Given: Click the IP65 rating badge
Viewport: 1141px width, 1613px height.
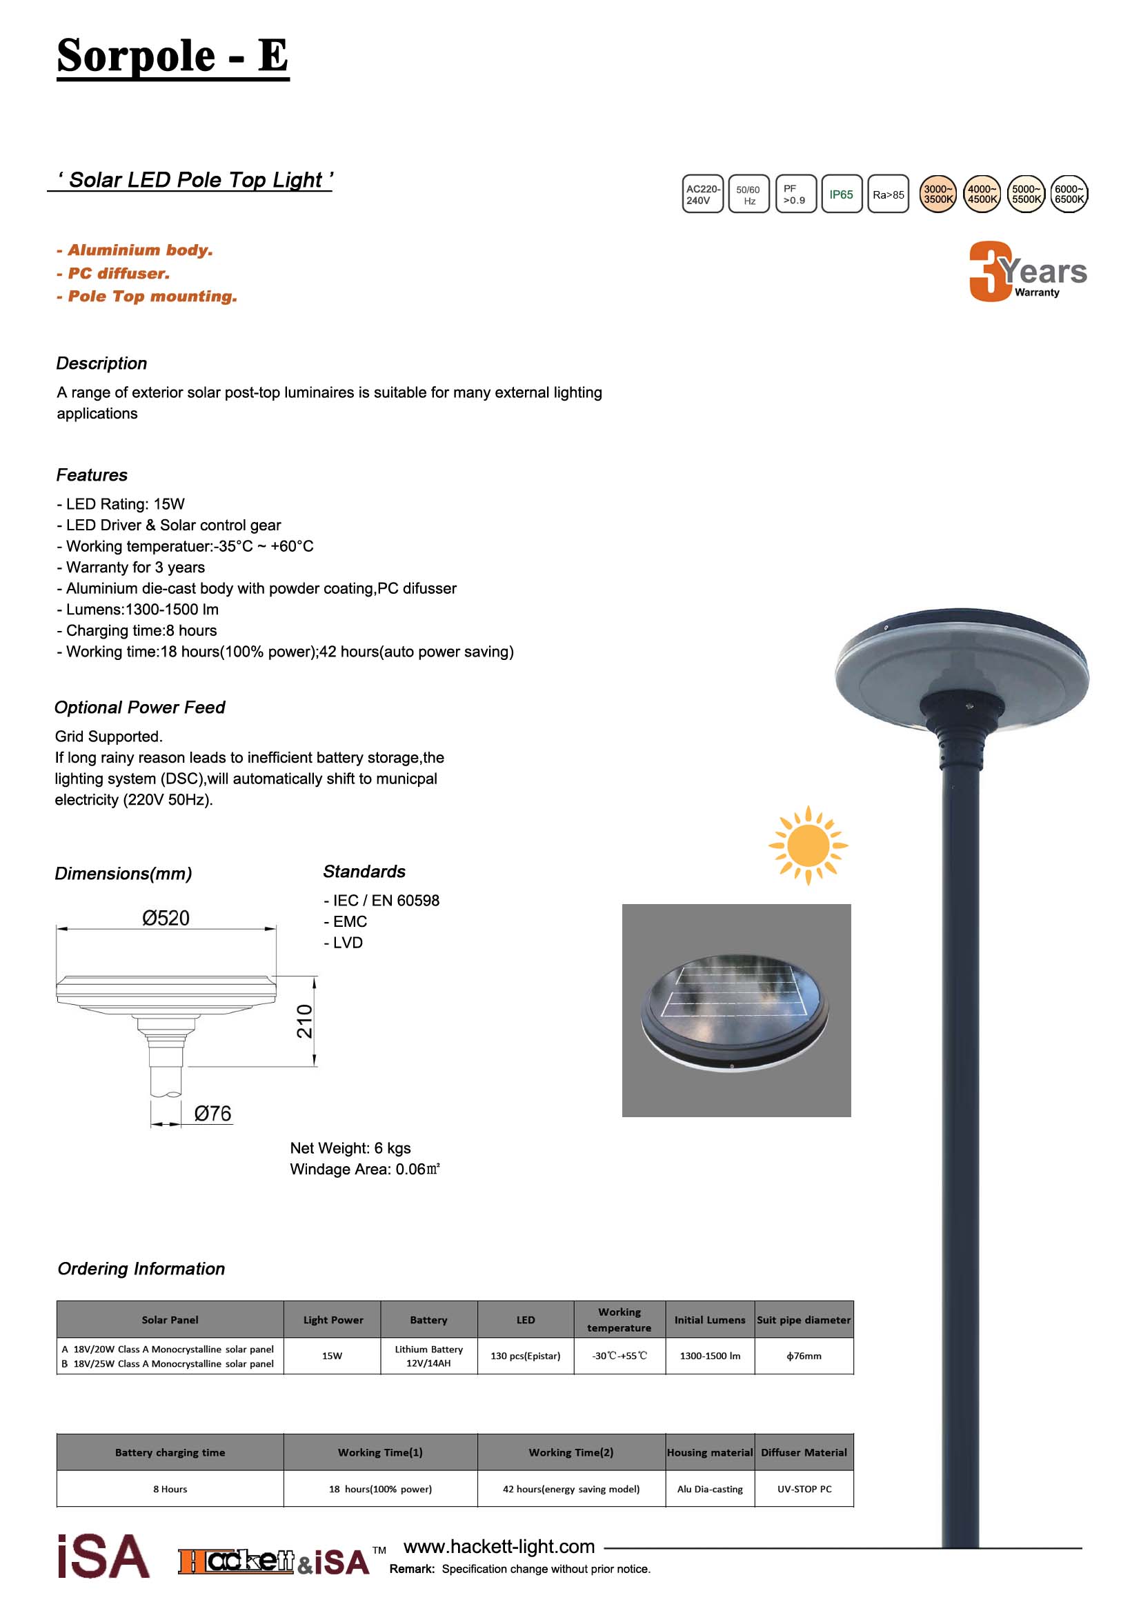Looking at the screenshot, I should [x=841, y=194].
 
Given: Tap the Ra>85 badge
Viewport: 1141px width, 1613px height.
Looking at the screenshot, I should [x=888, y=194].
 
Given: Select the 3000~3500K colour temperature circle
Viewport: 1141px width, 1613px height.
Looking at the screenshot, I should [x=938, y=194].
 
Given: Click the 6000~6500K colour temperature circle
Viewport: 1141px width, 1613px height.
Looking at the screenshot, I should [x=1069, y=194].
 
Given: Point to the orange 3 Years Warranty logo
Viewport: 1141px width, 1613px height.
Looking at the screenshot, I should [x=1027, y=272].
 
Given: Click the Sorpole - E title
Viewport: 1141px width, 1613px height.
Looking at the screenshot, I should [x=172, y=55].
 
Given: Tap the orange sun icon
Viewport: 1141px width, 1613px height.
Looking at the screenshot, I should [x=808, y=845].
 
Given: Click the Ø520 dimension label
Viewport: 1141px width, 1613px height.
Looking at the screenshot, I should [x=166, y=918].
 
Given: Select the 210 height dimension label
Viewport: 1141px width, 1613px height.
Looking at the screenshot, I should [x=304, y=1021].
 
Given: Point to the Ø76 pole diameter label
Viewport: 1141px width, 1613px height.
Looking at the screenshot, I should [x=212, y=1114].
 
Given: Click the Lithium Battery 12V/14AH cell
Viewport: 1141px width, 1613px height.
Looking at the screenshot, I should [x=428, y=1356].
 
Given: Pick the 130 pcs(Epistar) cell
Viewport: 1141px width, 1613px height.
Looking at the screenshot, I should [x=526, y=1356].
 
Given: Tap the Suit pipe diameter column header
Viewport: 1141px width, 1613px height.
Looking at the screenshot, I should [x=804, y=1320].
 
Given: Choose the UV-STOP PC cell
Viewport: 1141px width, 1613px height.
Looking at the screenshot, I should [x=804, y=1489].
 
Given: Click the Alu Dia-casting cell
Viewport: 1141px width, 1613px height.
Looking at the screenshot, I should [x=710, y=1489].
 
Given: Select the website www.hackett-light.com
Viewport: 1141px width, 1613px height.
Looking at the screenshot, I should [x=499, y=1546].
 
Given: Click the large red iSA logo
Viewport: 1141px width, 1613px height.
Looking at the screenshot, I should [x=103, y=1557].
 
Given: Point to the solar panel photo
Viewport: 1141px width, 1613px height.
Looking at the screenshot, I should [x=736, y=1010].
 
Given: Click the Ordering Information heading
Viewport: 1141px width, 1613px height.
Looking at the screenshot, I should [x=141, y=1269].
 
